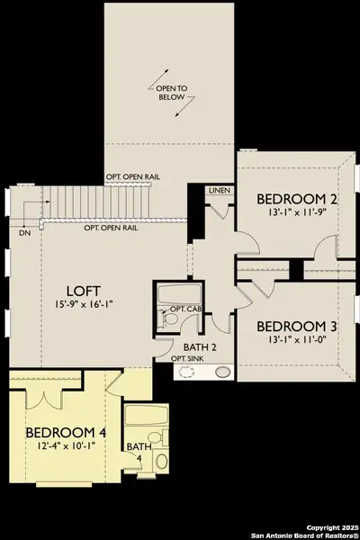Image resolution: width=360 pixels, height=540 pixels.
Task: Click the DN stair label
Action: tap(22, 232)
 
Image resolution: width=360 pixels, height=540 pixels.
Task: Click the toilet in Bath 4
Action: tap(161, 461)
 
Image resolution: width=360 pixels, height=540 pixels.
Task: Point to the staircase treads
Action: tap(90, 201)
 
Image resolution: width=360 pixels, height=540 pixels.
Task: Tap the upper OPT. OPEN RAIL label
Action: tap(134, 176)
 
